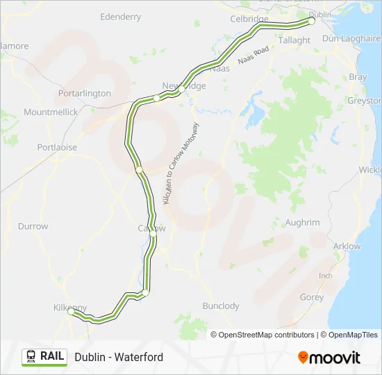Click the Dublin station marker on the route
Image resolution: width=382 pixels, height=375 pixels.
pos(311,21)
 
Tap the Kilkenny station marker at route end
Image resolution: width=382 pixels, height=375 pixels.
pos(71,312)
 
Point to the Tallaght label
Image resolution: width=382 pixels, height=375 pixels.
pos(294,40)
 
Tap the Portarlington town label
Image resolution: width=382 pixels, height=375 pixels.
pos(85,93)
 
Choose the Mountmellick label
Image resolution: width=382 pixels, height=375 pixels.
pos(51,112)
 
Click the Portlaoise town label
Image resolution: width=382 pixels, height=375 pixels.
pos(58,148)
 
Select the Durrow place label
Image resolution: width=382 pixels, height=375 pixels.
pos(33,226)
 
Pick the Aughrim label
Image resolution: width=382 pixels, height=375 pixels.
pos(302,222)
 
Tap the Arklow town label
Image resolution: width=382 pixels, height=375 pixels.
pos(347,246)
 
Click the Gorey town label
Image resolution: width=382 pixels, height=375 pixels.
pos(311,297)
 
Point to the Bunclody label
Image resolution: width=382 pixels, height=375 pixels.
pos(220,306)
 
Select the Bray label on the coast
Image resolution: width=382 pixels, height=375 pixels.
pos(358,77)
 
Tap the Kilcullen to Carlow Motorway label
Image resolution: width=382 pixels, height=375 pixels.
pos(182,164)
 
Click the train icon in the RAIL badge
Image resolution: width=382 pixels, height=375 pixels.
pos(31,356)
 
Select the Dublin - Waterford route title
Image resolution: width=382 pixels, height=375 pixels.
pos(119,357)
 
